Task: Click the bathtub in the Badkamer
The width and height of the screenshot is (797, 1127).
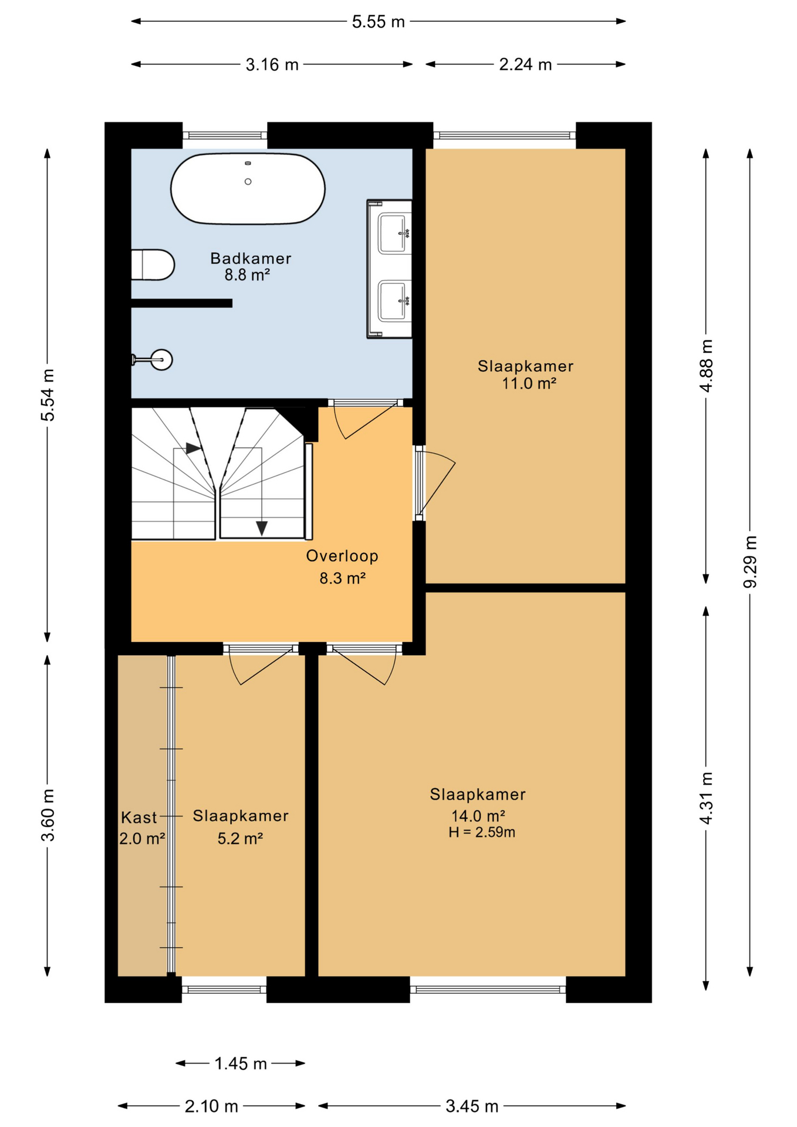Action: point(248,188)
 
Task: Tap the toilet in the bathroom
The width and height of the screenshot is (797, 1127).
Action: point(152,265)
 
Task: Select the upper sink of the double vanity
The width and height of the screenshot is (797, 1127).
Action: point(393,233)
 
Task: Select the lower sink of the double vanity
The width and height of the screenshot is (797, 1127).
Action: point(393,301)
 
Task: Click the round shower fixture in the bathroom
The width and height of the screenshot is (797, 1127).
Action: point(161,359)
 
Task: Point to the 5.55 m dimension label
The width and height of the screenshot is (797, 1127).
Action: point(379,22)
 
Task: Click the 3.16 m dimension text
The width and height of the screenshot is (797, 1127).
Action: point(272,65)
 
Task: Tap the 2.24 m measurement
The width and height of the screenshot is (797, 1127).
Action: point(525,65)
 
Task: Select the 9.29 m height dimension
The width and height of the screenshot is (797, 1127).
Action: point(750,562)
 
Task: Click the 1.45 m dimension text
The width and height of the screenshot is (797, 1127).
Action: point(241,1063)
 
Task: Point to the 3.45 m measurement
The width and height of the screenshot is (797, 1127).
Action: point(472,1106)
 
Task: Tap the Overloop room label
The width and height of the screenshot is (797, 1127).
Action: point(342,556)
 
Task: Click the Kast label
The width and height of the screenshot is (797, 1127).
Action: point(139,817)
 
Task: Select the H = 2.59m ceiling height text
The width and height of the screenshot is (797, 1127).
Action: point(482,832)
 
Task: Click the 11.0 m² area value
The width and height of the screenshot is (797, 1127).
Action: point(529,383)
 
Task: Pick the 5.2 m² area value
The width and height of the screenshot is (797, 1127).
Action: point(240,839)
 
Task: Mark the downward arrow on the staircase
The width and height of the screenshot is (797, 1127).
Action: point(262,528)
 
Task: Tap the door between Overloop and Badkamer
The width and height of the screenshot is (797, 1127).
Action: point(366,419)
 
